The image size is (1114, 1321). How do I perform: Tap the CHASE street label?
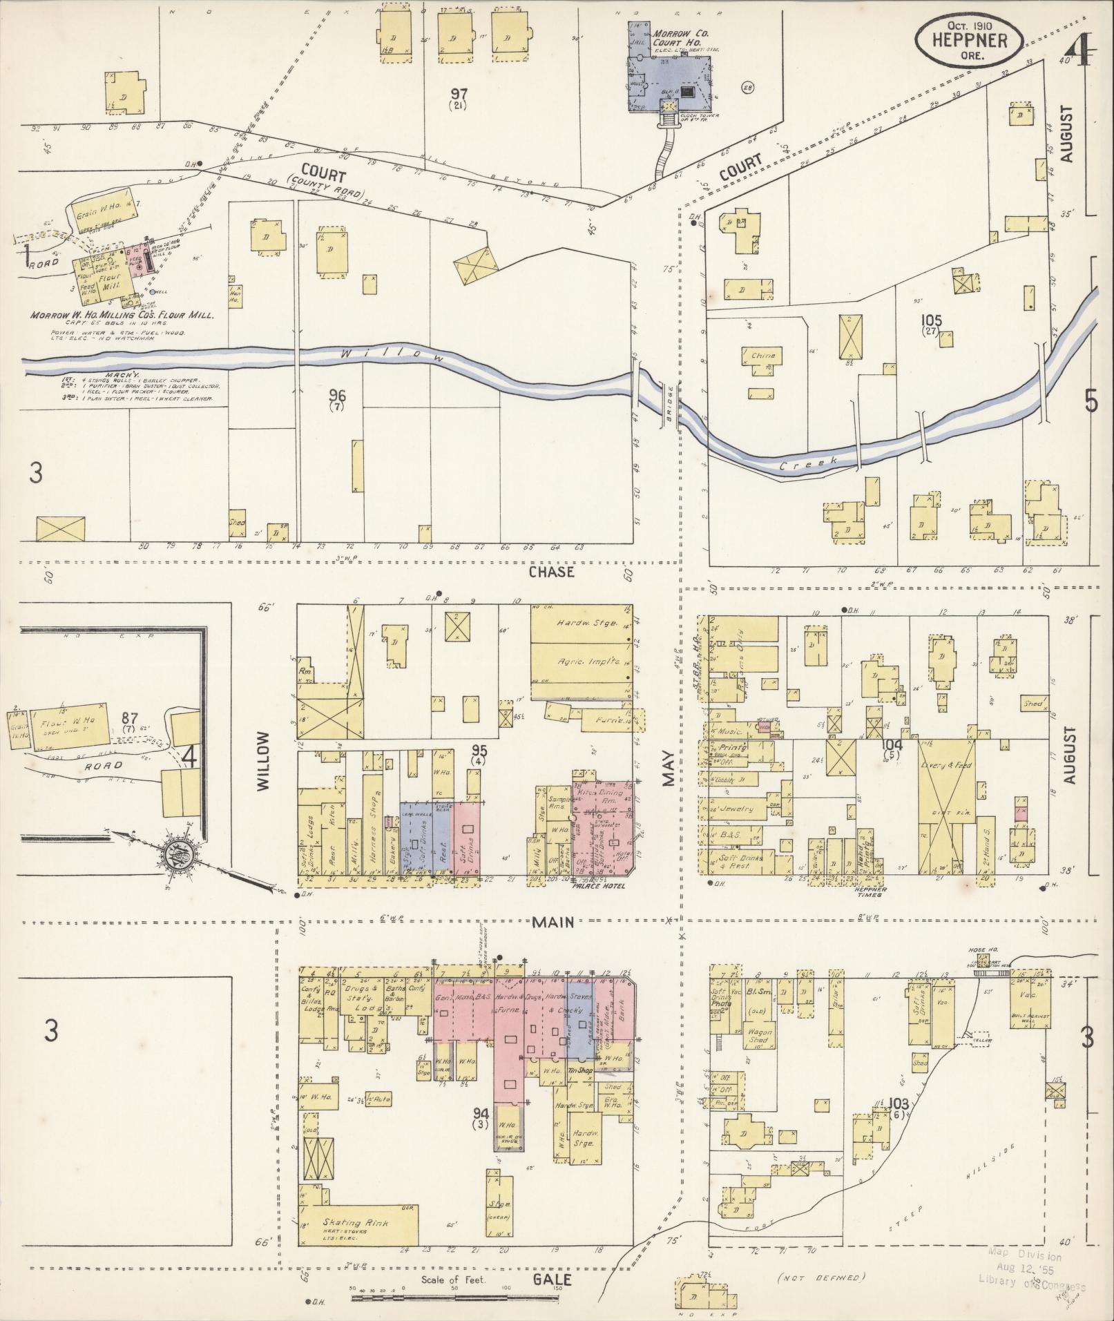[551, 572]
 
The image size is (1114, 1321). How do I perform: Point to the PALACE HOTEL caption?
[598, 885]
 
